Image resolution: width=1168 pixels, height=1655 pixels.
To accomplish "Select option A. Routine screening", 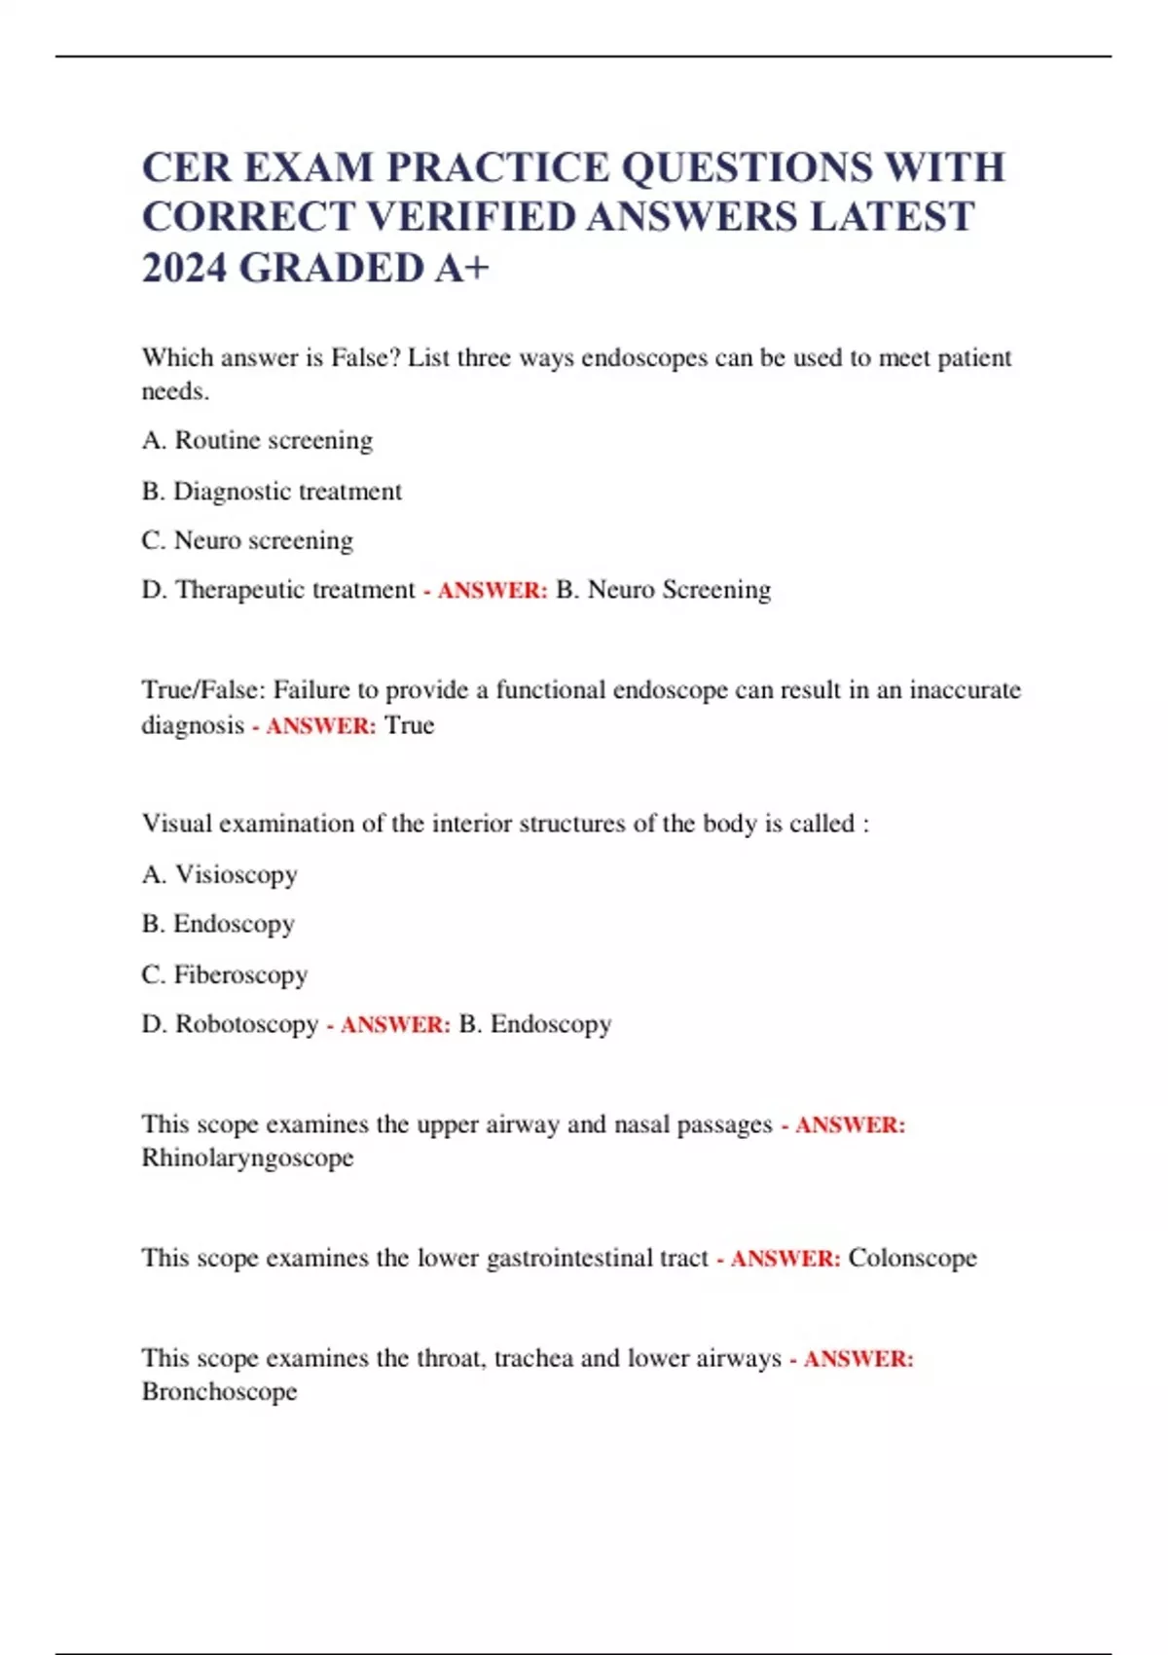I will pyautogui.click(x=257, y=441).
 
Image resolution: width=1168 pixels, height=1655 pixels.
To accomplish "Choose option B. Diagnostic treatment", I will pyautogui.click(x=272, y=492).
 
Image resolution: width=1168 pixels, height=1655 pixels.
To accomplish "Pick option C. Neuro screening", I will pyautogui.click(x=247, y=540).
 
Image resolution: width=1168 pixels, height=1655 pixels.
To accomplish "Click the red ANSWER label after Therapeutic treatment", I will pyautogui.click(x=492, y=591).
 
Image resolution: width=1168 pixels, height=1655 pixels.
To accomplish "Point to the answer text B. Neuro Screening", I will pyautogui.click(x=663, y=590).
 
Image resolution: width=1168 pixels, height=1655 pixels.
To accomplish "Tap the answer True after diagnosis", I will pyautogui.click(x=409, y=725).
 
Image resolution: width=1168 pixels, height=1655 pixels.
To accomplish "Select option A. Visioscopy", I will pyautogui.click(x=219, y=875).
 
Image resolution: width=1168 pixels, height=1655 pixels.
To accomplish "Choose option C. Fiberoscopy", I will pyautogui.click(x=225, y=975).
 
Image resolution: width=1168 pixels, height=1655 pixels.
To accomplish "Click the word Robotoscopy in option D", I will pyautogui.click(x=246, y=1024).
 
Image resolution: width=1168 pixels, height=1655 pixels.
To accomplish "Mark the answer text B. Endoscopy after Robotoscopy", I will pyautogui.click(x=534, y=1024).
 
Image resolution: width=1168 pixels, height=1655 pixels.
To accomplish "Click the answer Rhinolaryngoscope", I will pyautogui.click(x=247, y=1158).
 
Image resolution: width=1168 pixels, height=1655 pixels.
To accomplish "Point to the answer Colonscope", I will pyautogui.click(x=912, y=1258).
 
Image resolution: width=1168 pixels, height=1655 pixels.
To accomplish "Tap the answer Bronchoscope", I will pyautogui.click(x=219, y=1392).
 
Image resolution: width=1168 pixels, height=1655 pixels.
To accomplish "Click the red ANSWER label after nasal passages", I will pyautogui.click(x=850, y=1125).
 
